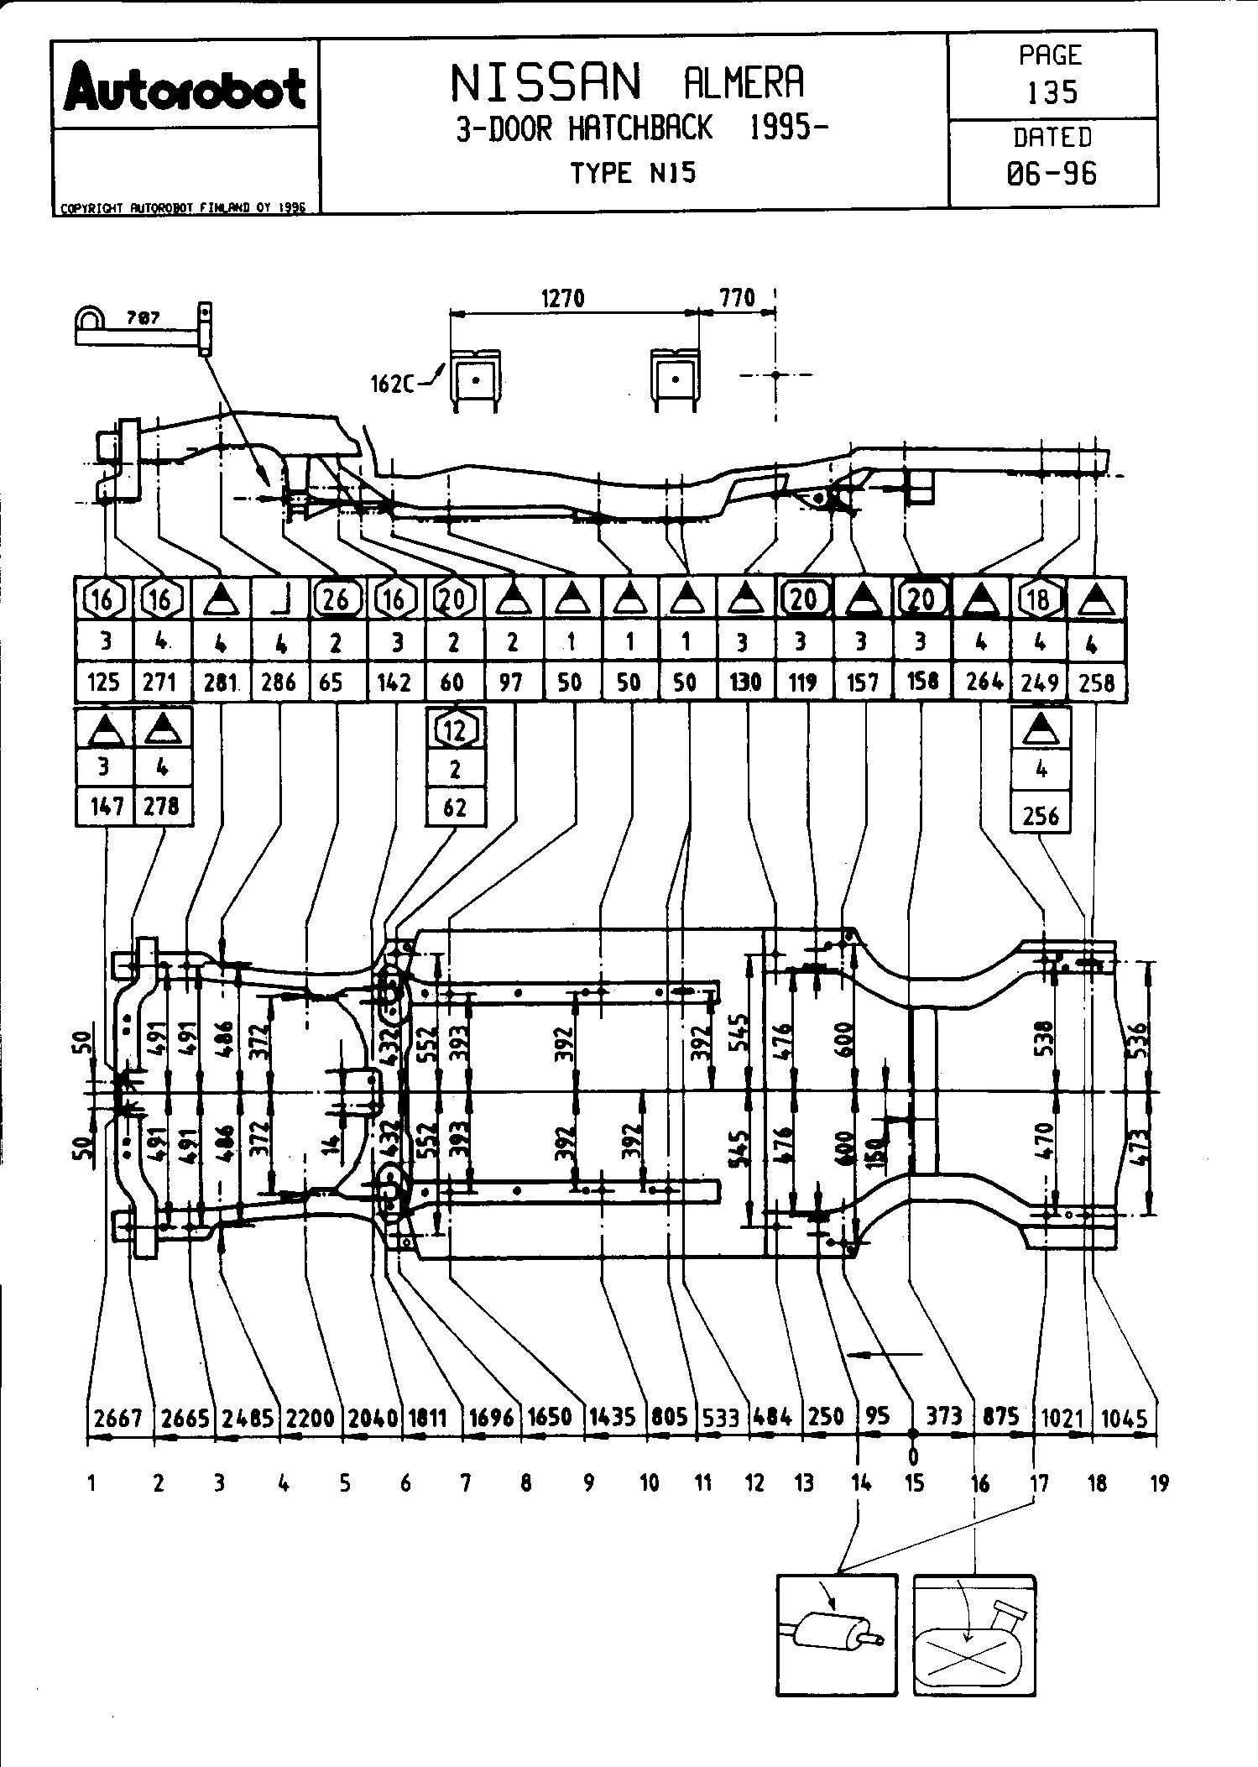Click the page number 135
pos(1052,92)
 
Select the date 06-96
pos(1052,174)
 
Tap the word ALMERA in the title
pos(744,82)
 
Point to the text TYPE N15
pos(633,174)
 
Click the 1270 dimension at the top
pos(562,298)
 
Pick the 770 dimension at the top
pos(737,298)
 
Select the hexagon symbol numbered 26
pos(337,599)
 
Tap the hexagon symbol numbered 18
pos(1040,599)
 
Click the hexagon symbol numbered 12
pos(454,729)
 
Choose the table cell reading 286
pos(279,682)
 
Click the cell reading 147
pos(105,806)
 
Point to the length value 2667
pos(119,1418)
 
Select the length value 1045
pos(1124,1418)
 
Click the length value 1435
pos(612,1418)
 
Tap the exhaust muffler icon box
pos(837,1634)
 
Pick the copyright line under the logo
pos(183,207)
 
